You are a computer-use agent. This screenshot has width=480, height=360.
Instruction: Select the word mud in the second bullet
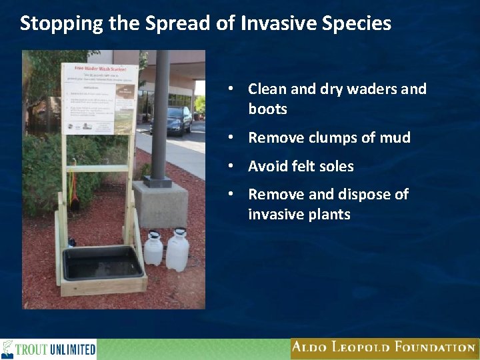[x=396, y=138]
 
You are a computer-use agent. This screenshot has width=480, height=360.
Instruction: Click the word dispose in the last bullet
[x=359, y=195]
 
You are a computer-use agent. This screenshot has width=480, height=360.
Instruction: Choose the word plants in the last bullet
[x=329, y=215]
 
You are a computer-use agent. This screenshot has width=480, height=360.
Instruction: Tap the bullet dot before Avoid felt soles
[x=229, y=167]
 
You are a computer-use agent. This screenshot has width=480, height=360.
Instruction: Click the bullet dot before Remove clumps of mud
[x=229, y=138]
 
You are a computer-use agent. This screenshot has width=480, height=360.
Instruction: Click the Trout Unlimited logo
[x=49, y=349]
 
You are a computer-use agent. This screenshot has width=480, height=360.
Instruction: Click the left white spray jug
[x=154, y=248]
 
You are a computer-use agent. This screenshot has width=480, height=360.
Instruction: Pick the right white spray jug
[x=177, y=249]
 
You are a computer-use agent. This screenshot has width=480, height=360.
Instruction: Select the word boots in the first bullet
[x=267, y=109]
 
